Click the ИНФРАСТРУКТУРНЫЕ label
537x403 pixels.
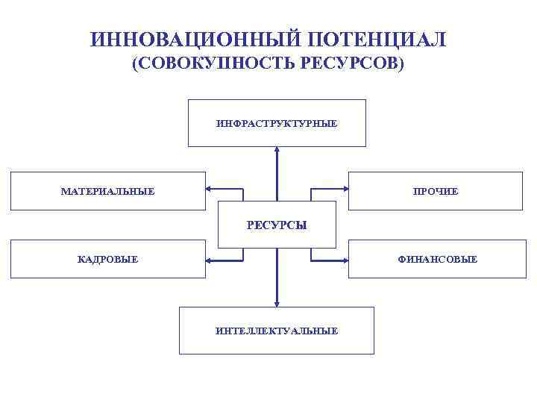277,123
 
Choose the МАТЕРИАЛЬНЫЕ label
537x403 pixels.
107,192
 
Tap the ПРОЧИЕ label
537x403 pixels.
436,192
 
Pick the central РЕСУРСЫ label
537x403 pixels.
277,225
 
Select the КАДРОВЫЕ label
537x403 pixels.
107,260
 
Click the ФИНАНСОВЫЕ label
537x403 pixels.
438,260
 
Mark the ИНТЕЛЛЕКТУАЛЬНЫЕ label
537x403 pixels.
277,330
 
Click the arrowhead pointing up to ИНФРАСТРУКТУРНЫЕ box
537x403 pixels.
277,150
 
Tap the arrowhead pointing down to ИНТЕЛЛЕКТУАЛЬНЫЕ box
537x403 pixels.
277,303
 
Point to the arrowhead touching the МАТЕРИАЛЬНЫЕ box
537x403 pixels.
210,188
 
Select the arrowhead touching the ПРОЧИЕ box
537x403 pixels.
345,188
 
